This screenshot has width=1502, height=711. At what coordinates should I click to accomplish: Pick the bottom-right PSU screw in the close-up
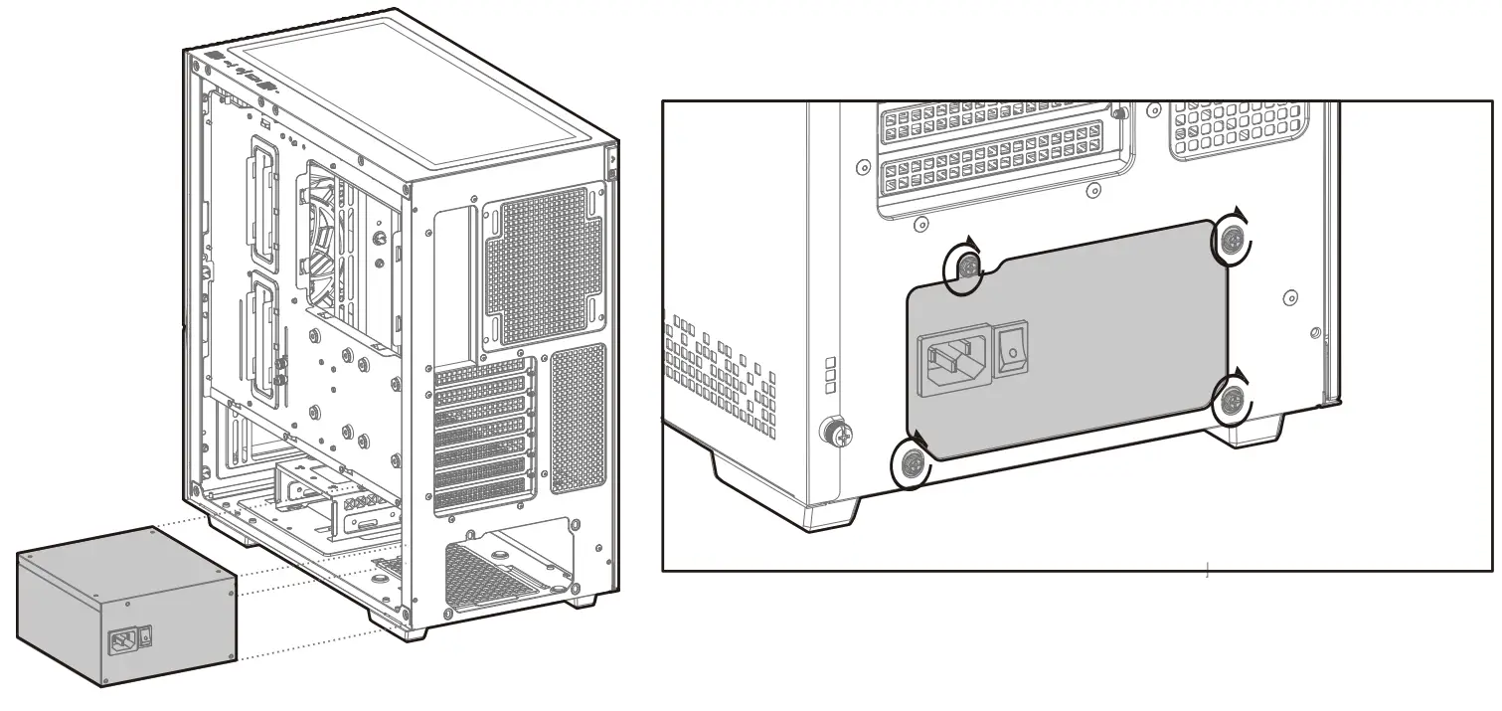pyautogui.click(x=1234, y=402)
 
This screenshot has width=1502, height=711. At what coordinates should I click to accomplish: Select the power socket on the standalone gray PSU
pyautogui.click(x=123, y=640)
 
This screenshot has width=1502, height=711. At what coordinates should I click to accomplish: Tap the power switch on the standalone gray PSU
pyautogui.click(x=147, y=631)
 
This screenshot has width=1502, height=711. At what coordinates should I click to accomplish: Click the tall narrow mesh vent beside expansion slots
pyautogui.click(x=578, y=419)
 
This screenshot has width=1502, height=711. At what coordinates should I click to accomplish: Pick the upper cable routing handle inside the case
pyautogui.click(x=262, y=200)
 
